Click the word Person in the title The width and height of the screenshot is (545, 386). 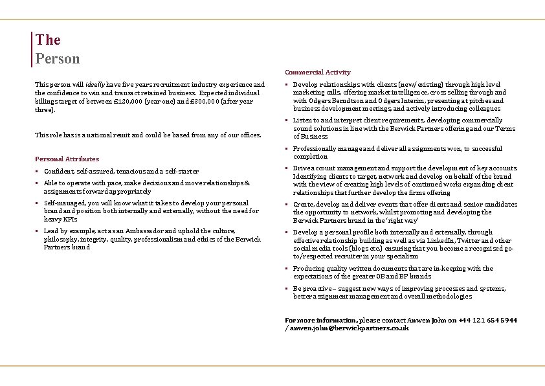pos(58,58)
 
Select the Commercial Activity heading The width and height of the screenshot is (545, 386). pos(317,73)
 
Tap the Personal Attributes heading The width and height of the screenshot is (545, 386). pos(67,159)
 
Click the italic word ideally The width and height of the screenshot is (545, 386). pos(95,84)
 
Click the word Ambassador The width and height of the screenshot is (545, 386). pos(118,231)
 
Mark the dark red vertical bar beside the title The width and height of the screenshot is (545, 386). pos(32,49)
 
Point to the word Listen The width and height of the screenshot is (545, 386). pos(302,120)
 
